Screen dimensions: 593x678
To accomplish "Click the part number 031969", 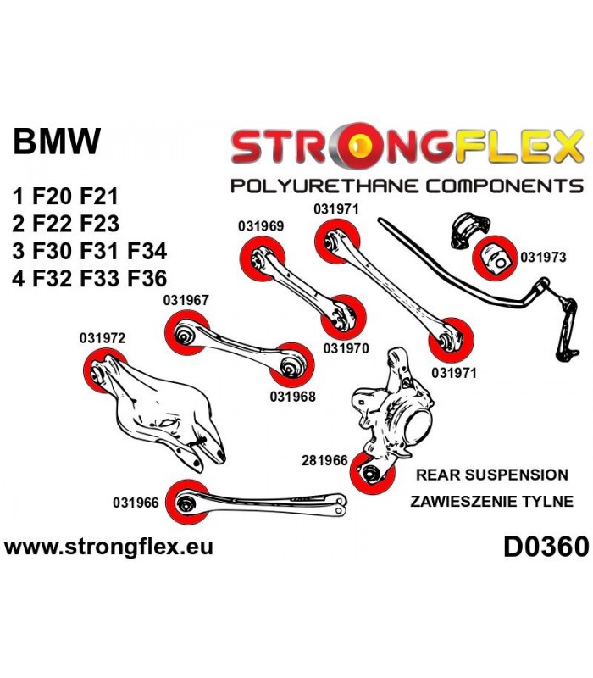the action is point(261,226).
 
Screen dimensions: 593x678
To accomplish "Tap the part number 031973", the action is point(543,258).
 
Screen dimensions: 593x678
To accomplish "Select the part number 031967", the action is point(186,300).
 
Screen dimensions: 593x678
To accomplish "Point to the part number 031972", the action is point(102,337).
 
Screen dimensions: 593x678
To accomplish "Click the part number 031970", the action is point(346,348).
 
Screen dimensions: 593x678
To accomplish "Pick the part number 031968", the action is point(292,396).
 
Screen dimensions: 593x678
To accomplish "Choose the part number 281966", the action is point(324,461).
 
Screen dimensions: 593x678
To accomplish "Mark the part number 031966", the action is point(136,503).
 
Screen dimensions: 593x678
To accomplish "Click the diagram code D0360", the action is point(546,547).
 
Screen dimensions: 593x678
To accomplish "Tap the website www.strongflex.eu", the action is point(108,547).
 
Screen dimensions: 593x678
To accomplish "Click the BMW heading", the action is point(57,141).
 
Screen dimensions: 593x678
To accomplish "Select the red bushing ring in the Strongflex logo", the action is point(357,146).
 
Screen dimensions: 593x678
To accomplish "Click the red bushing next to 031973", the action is point(495,258).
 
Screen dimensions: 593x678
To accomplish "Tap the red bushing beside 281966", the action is point(372,472).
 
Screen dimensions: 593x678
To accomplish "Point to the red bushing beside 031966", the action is point(187,502).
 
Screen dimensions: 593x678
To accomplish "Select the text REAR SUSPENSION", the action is point(492,475).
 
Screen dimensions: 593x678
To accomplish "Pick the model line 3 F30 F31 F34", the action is point(90,251).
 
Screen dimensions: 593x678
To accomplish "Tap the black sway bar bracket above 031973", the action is point(470,230).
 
